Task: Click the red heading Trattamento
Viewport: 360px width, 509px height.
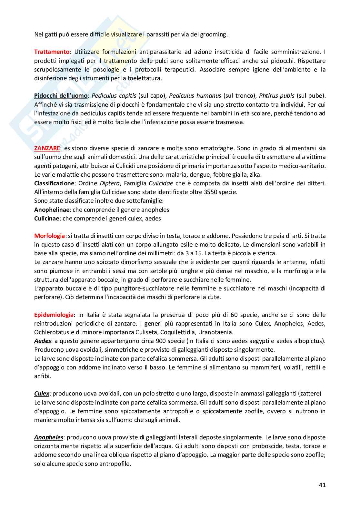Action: [x=52, y=52]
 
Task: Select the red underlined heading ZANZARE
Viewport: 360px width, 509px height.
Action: [x=47, y=148]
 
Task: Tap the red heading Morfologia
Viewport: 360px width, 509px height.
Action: [x=49, y=236]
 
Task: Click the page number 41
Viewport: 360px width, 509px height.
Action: [x=322, y=485]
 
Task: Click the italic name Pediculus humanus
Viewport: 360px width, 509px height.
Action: [x=195, y=95]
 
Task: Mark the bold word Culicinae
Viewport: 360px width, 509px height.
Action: [x=47, y=218]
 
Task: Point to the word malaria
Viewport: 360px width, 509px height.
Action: [x=170, y=174]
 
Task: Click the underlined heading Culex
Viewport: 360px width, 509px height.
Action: [x=42, y=394]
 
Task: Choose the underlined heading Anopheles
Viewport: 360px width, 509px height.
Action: [x=48, y=437]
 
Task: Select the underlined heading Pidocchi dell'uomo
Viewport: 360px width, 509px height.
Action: [x=61, y=95]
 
